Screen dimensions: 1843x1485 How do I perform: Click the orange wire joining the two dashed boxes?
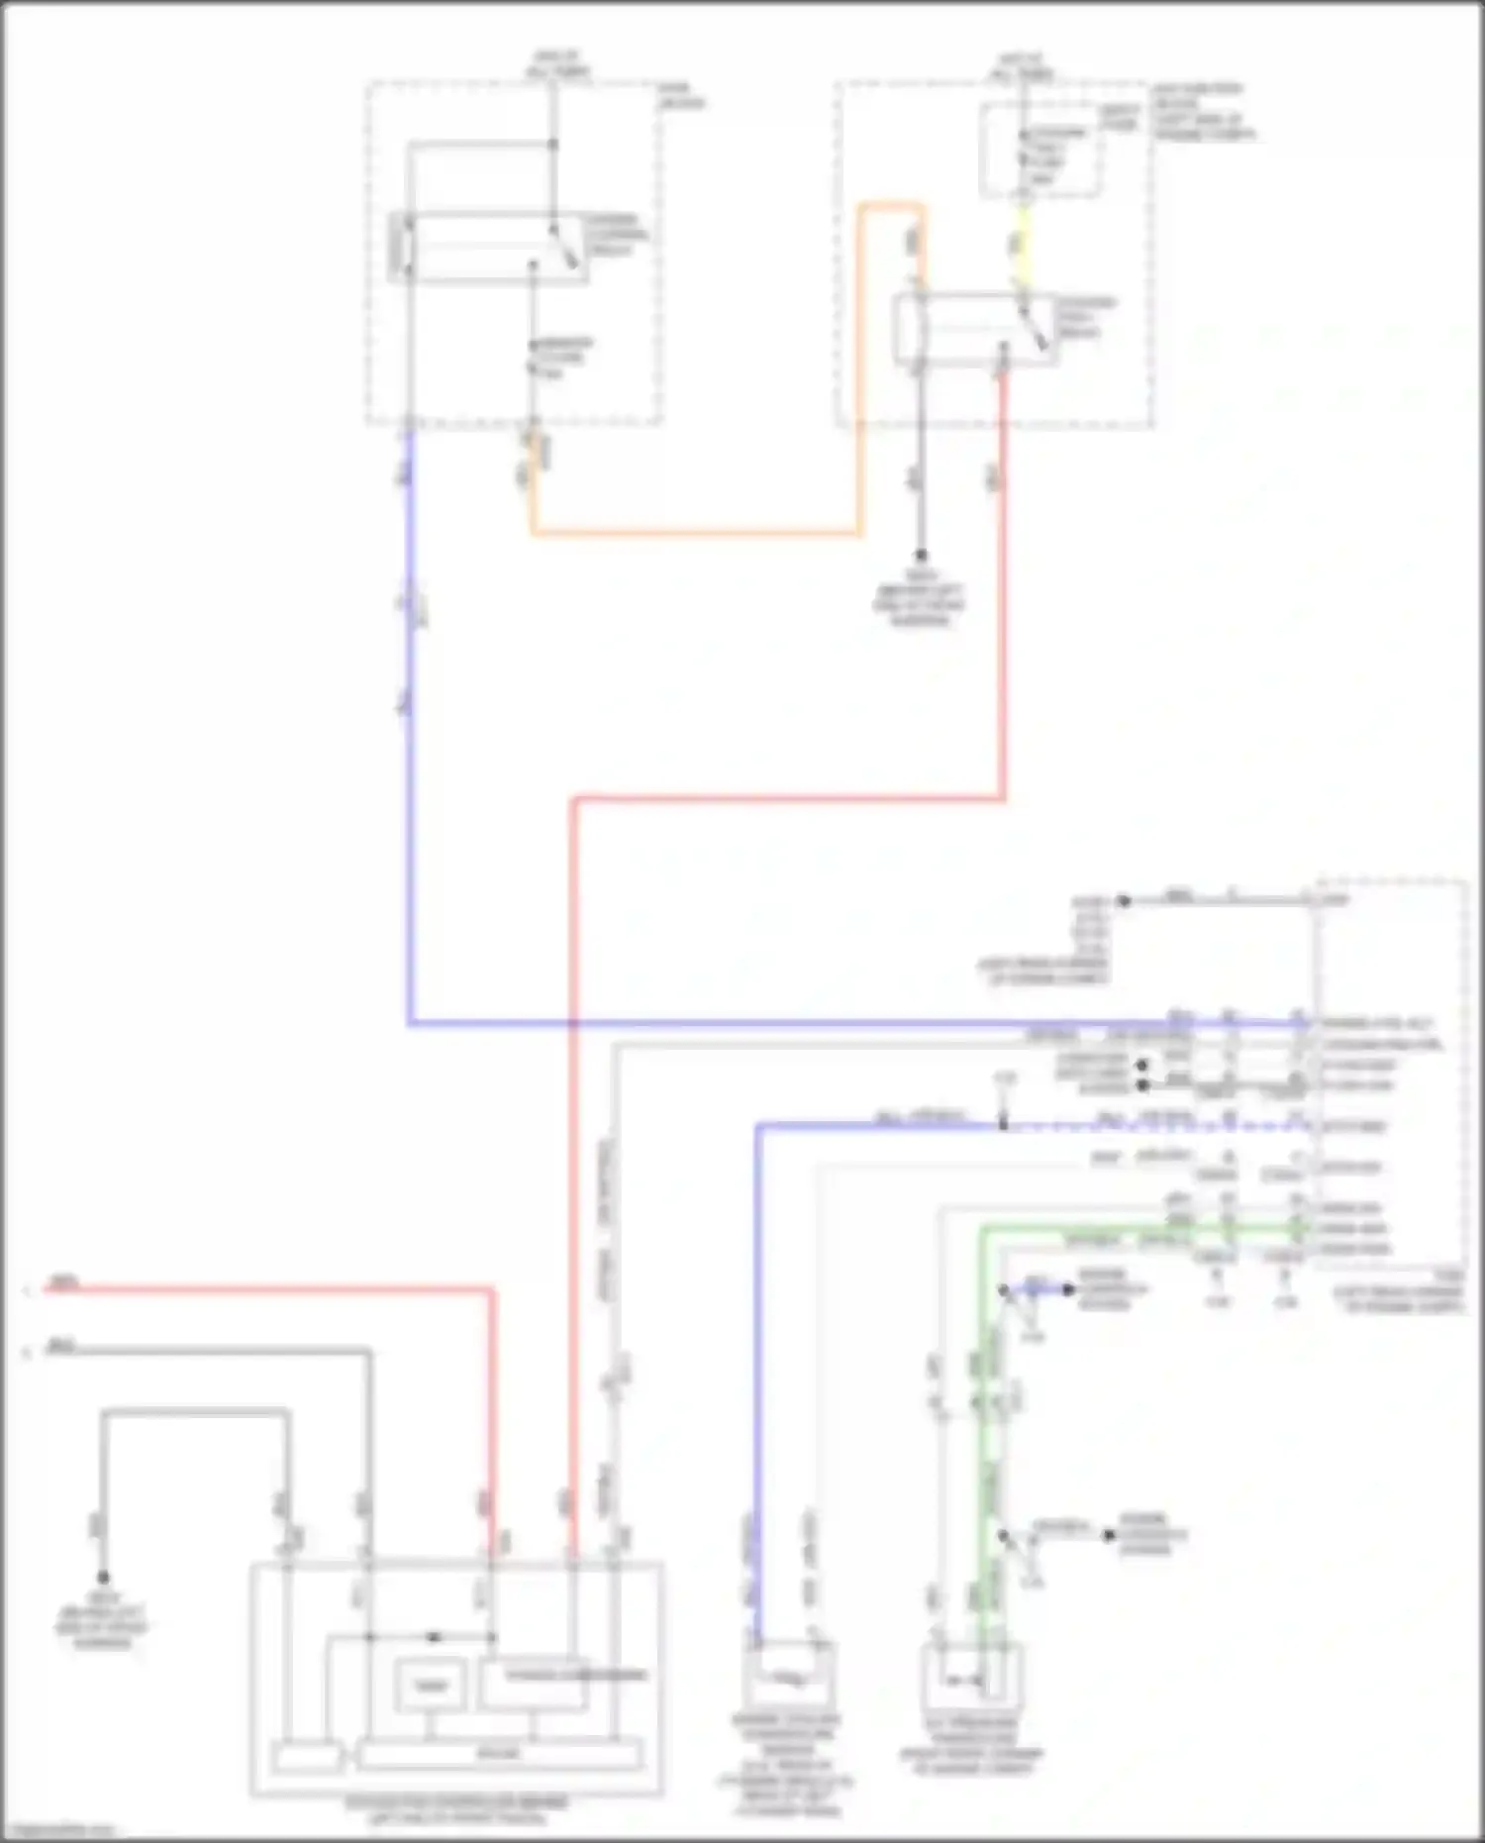[693, 534]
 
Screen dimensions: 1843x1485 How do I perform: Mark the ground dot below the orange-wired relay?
[921, 556]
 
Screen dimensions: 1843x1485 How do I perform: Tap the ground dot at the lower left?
[102, 1578]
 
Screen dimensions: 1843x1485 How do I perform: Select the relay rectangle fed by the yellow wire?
[974, 330]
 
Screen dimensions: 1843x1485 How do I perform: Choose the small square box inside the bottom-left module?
[430, 1685]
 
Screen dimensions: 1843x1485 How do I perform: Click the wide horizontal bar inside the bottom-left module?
[499, 1756]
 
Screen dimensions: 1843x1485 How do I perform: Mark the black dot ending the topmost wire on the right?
[1124, 901]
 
